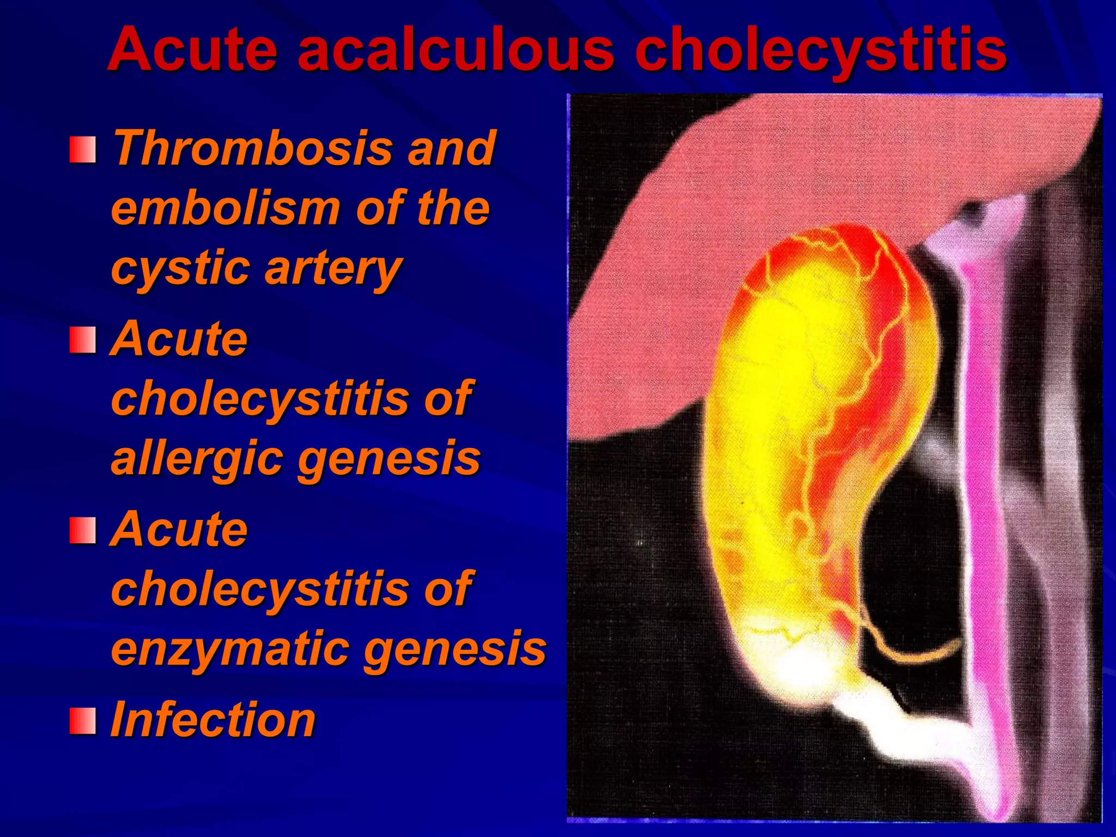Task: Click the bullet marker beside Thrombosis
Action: [83, 150]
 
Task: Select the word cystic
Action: [180, 268]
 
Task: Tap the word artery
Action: [332, 268]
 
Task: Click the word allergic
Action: [197, 459]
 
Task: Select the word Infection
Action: [213, 720]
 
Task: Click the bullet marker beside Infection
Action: [83, 721]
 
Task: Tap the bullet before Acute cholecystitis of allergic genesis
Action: [83, 340]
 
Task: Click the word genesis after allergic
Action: [389, 459]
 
